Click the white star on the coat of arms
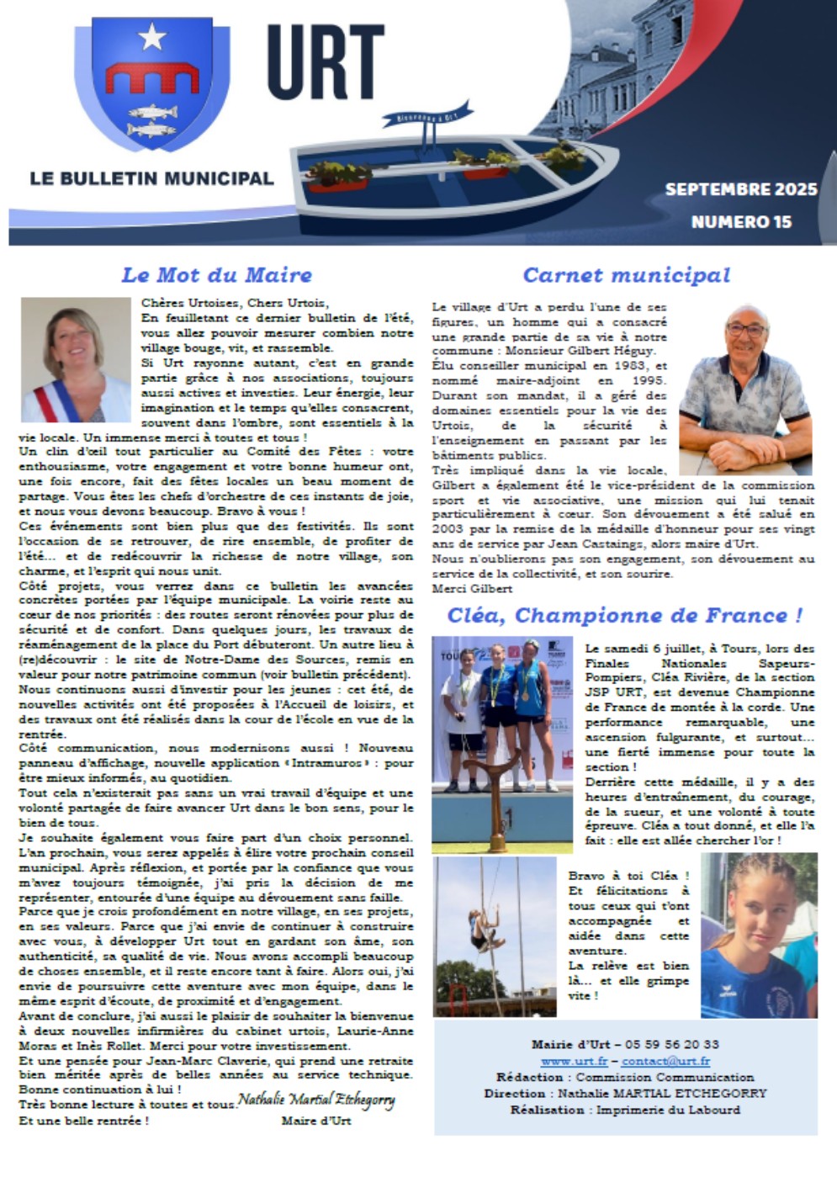pos(152,36)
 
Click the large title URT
pos(326,63)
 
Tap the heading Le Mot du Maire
pos(216,275)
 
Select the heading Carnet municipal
pos(626,275)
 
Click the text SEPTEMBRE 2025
pos(740,189)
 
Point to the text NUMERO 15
pos(741,222)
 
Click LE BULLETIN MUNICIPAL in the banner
pos(151,178)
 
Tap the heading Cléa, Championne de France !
pos(625,615)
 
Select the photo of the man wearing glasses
pos(745,390)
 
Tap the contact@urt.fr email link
pos(665,1062)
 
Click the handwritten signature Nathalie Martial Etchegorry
pos(316,1100)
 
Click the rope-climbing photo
pos(495,936)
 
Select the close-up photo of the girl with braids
pos(759,936)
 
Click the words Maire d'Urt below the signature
pos(315,1121)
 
